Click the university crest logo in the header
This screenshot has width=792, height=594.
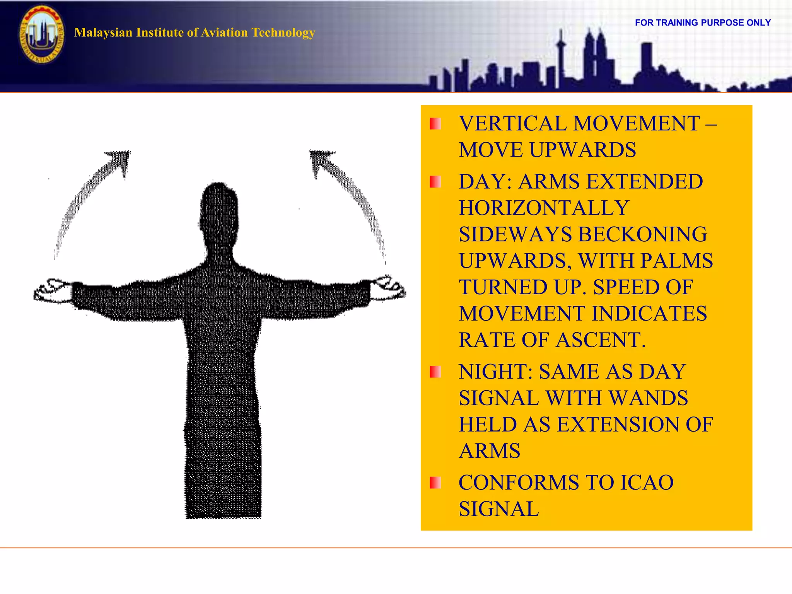(42, 35)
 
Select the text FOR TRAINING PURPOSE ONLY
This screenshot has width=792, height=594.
(703, 23)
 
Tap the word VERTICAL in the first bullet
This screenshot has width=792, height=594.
(513, 124)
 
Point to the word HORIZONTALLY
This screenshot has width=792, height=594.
(544, 208)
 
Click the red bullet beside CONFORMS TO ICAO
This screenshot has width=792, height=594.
(435, 483)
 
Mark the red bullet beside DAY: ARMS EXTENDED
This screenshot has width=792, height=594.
(435, 182)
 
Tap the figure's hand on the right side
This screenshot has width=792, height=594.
(387, 288)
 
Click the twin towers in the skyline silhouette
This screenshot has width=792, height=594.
(595, 54)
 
